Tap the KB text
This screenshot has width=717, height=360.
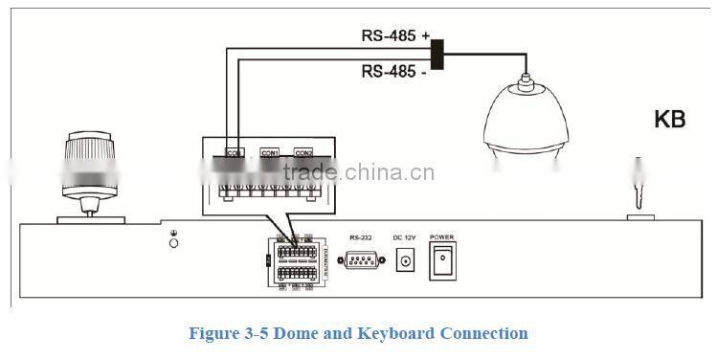(x=669, y=120)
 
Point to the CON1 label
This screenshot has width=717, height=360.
(x=270, y=153)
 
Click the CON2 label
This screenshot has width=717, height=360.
(x=303, y=153)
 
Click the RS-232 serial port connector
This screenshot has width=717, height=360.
(x=361, y=259)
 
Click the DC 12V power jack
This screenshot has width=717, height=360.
(x=406, y=259)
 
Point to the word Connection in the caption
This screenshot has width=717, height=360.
(x=483, y=333)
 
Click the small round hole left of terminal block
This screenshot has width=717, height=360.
(x=173, y=244)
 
